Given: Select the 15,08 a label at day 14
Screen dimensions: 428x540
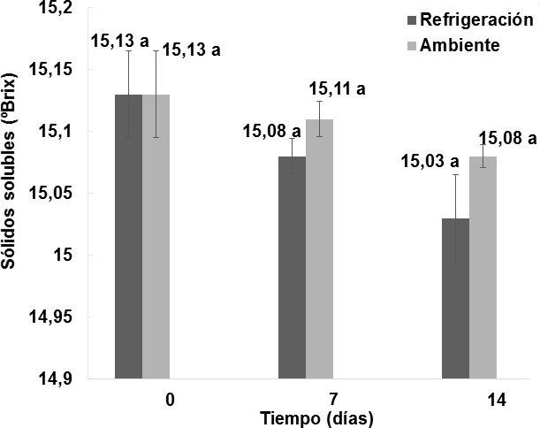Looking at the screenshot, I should (x=507, y=137).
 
